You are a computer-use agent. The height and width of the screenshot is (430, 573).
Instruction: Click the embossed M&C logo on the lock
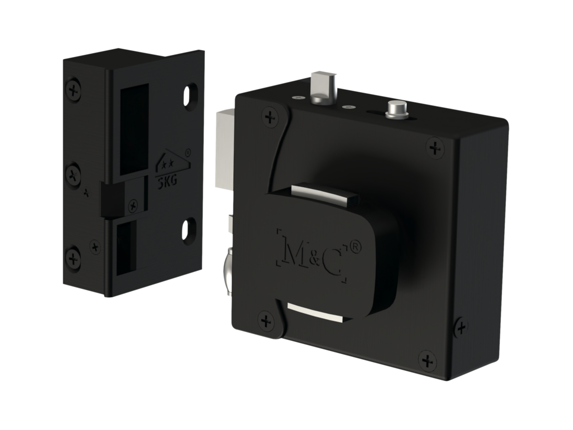pyautogui.click(x=312, y=256)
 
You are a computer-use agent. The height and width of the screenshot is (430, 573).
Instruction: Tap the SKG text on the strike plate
pyautogui.click(x=167, y=181)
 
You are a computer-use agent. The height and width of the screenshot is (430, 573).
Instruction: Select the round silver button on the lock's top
pyautogui.click(x=397, y=109)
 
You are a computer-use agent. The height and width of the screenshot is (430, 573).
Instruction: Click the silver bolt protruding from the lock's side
pyautogui.click(x=225, y=149)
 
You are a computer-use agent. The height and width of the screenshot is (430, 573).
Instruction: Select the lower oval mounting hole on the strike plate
pyautogui.click(x=189, y=231)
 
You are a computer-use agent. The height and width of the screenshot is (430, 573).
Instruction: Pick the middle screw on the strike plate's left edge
pyautogui.click(x=73, y=174)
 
